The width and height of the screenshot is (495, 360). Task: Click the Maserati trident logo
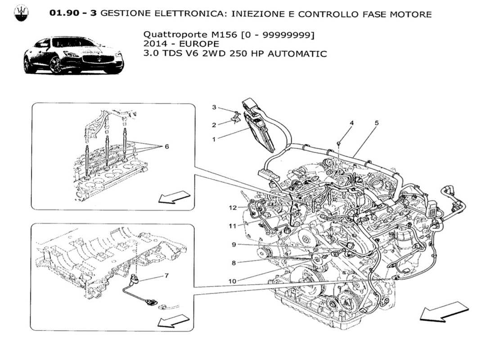(x=20, y=14)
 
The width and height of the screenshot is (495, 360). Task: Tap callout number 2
(x=214, y=125)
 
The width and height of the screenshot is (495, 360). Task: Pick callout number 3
(x=214, y=107)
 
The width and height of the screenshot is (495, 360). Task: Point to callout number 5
(x=376, y=122)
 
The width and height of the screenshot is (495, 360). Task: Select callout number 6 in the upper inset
(x=167, y=146)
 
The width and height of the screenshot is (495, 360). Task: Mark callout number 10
(x=232, y=281)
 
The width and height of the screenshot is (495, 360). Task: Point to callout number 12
(x=232, y=208)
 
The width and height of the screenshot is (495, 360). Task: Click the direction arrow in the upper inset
(x=174, y=197)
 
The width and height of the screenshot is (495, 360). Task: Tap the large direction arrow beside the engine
(x=444, y=312)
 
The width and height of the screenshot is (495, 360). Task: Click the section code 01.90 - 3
(x=73, y=14)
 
